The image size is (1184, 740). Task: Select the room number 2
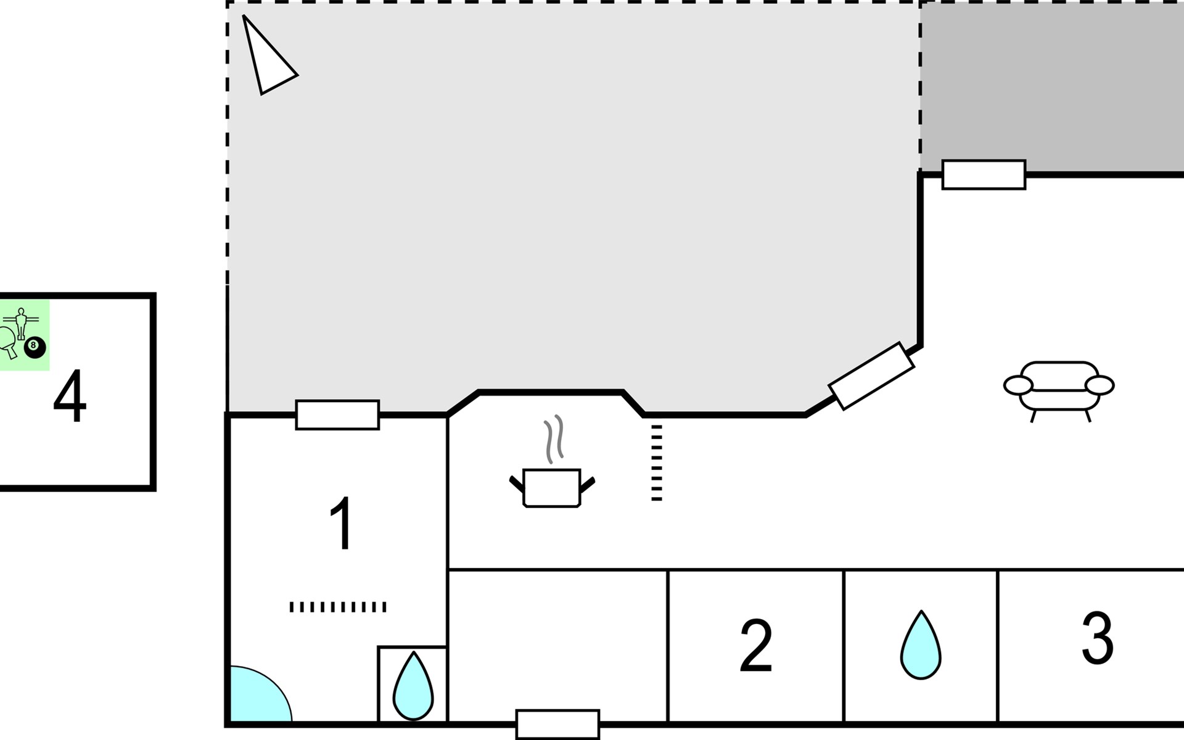coord(755,646)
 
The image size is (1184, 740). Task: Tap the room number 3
coord(1098,638)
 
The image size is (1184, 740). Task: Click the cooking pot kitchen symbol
coord(552,488)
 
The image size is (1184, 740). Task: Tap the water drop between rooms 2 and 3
coord(921,645)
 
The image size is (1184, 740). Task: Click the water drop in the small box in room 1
coord(413,686)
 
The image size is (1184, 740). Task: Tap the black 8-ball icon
coord(35,347)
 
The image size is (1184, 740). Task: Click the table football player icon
coord(21,323)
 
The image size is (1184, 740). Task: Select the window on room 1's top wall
coord(337,415)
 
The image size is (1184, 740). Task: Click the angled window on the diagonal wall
coord(871,376)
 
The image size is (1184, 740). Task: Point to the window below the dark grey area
coord(984,175)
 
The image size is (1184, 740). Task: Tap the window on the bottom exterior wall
coord(557,725)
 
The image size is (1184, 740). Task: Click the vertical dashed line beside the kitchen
coord(657,462)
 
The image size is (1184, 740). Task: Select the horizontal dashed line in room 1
coord(338,607)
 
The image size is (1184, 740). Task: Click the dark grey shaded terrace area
coord(1052,86)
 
